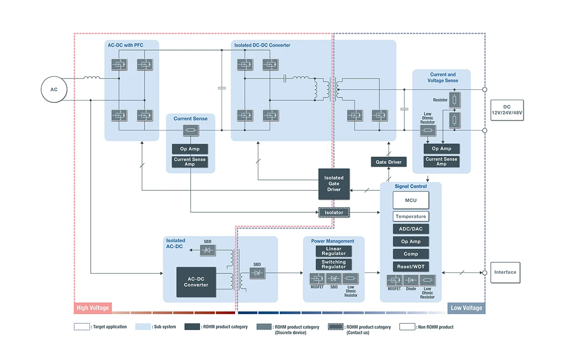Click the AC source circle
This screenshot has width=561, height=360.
[x=54, y=89]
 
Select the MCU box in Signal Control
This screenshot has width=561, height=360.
[x=410, y=201]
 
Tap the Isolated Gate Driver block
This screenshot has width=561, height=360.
[x=334, y=184]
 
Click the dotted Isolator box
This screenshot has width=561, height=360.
[x=334, y=213]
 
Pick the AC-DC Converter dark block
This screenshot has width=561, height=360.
[x=196, y=282]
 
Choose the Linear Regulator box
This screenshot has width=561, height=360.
[x=334, y=251]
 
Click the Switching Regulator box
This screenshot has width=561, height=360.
[x=334, y=264]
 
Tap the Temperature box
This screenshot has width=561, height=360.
[x=410, y=216]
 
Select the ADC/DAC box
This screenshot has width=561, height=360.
[x=410, y=229]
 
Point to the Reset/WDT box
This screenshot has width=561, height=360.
[x=410, y=266]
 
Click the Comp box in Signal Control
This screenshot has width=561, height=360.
[x=410, y=254]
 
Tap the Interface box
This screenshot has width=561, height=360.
[x=505, y=272]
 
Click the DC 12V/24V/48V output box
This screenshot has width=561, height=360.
[x=507, y=110]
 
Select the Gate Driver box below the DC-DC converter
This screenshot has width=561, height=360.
[x=388, y=162]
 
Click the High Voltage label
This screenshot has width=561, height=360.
[x=93, y=308]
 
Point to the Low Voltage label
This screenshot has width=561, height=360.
[x=466, y=308]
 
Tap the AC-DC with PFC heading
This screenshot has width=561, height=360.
[x=125, y=45]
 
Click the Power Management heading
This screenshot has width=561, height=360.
[x=333, y=241]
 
